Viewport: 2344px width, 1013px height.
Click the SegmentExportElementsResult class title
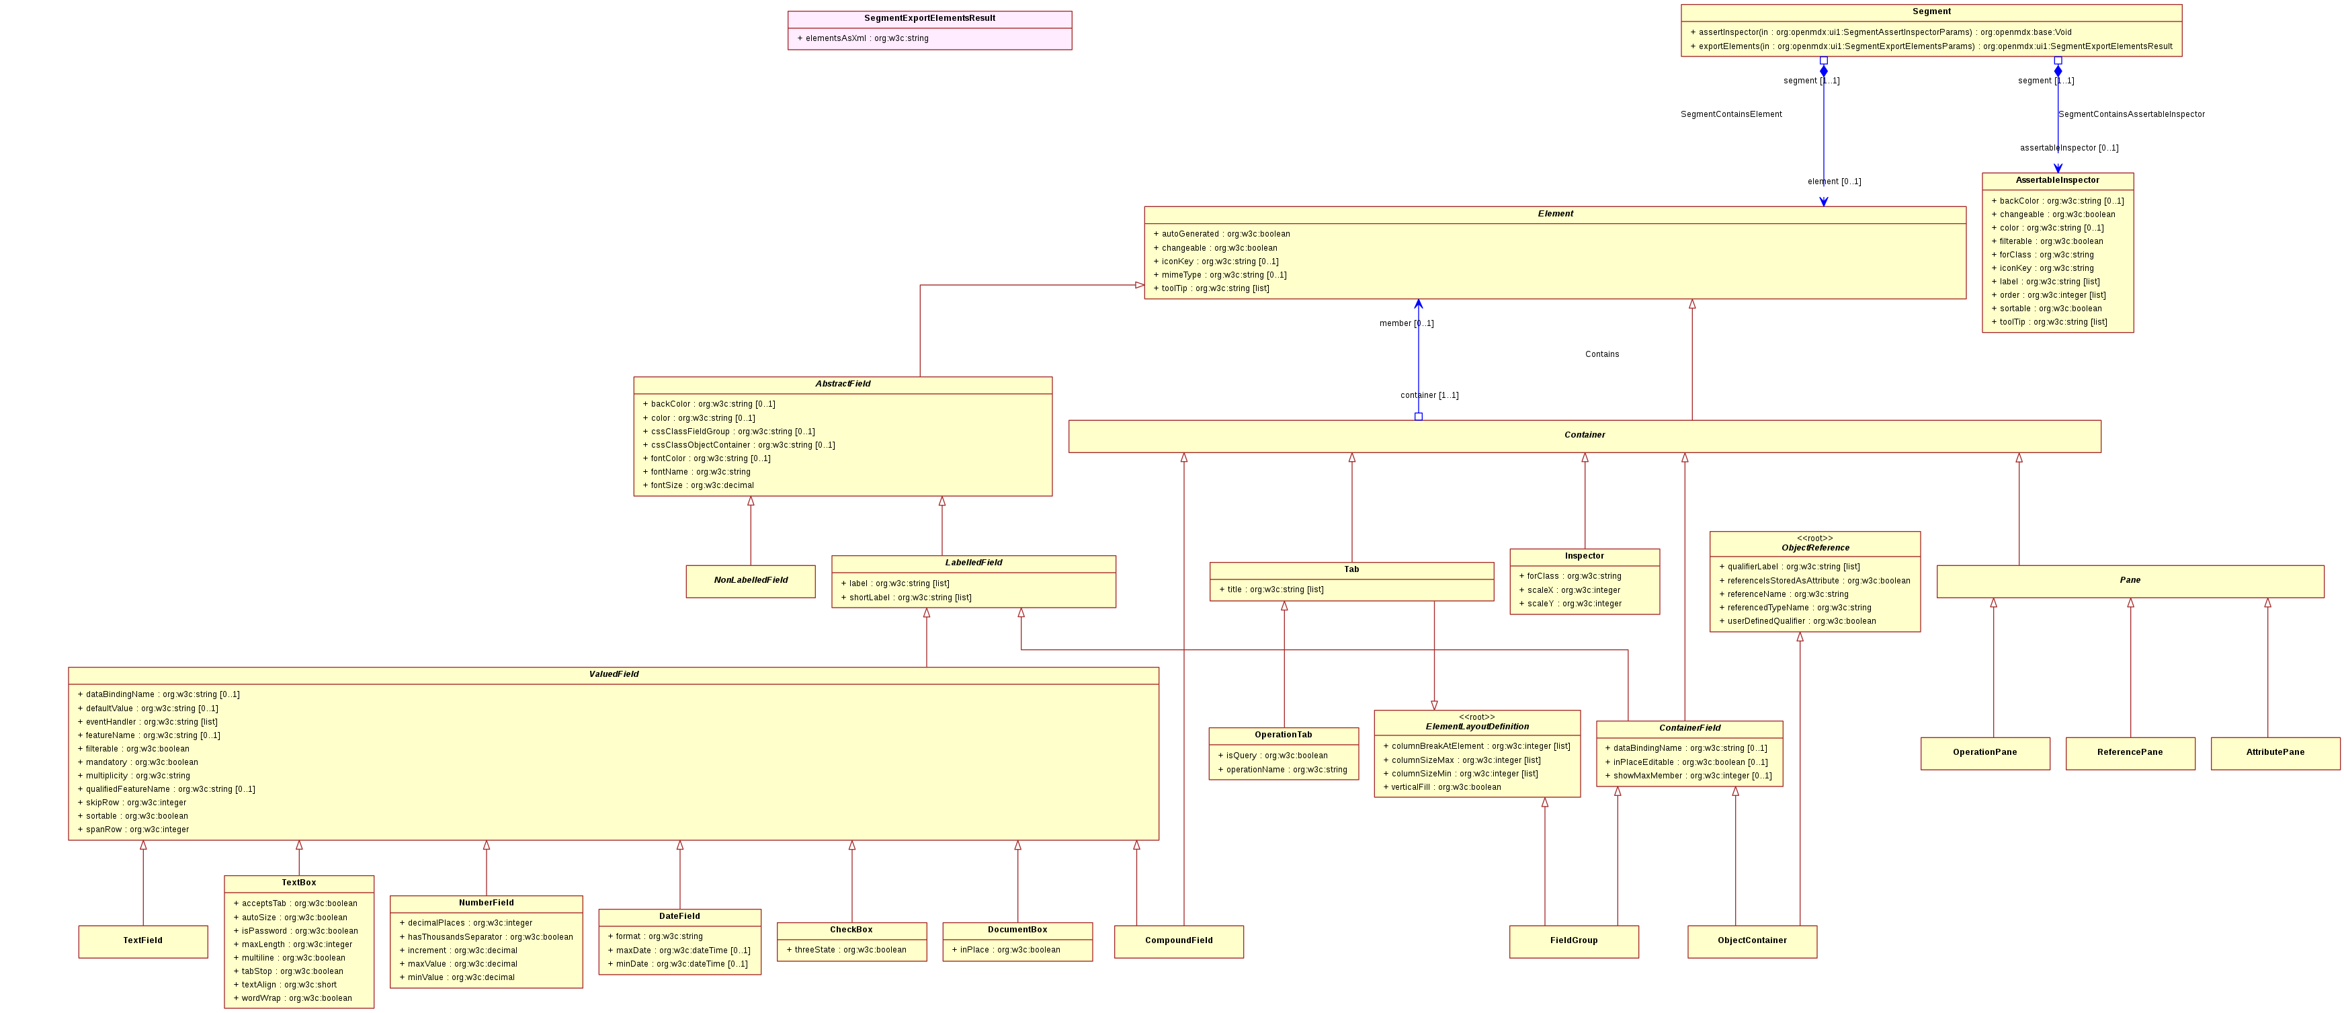point(929,18)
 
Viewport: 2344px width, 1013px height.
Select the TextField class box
point(143,941)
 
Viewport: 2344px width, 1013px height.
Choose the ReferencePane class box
point(2130,753)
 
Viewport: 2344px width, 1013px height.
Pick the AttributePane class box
point(2275,753)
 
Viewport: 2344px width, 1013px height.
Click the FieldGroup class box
point(1573,941)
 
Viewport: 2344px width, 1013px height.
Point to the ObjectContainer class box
point(1752,941)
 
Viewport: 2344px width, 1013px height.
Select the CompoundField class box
point(1178,941)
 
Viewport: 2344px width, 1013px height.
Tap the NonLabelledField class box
point(751,581)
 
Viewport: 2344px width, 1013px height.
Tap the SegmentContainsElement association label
point(1730,115)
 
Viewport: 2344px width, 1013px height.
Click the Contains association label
point(1601,354)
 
